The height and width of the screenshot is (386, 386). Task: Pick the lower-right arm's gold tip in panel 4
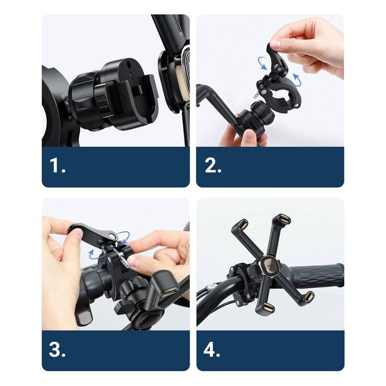(308, 296)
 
